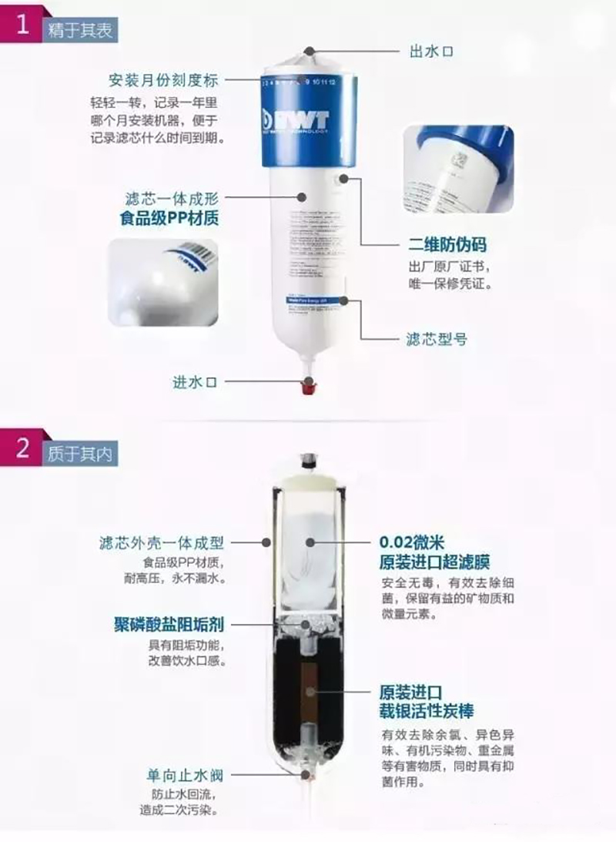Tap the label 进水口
click(x=195, y=381)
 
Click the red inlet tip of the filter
click(x=309, y=386)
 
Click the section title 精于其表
click(x=81, y=31)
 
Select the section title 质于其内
click(x=81, y=454)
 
